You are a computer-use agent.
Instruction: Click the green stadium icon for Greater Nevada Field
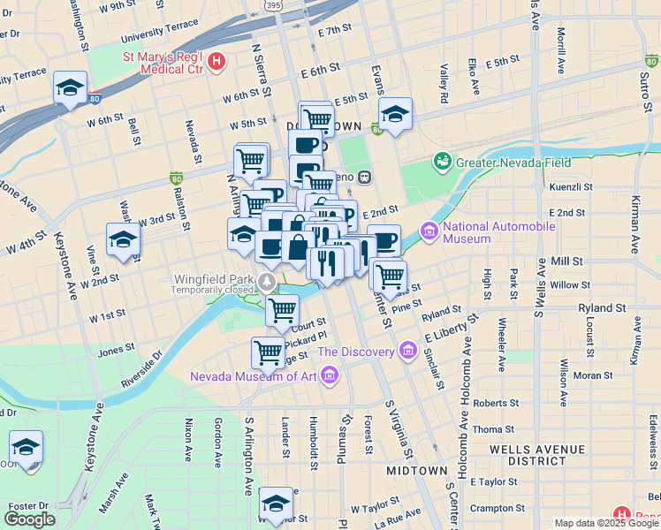pos(442,162)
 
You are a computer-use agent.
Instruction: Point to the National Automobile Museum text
pos(499,232)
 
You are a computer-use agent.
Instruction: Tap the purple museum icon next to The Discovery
pos(407,352)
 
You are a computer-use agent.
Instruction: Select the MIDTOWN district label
pos(416,471)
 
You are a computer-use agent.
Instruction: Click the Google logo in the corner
pos(29,519)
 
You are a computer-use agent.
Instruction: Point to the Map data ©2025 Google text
pos(605,523)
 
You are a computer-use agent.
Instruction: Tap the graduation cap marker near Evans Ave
pos(396,114)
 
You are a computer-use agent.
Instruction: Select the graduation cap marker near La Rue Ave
pos(277,503)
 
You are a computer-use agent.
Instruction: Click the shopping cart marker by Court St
pos(282,310)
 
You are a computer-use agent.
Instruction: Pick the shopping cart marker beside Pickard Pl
pos(268,352)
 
